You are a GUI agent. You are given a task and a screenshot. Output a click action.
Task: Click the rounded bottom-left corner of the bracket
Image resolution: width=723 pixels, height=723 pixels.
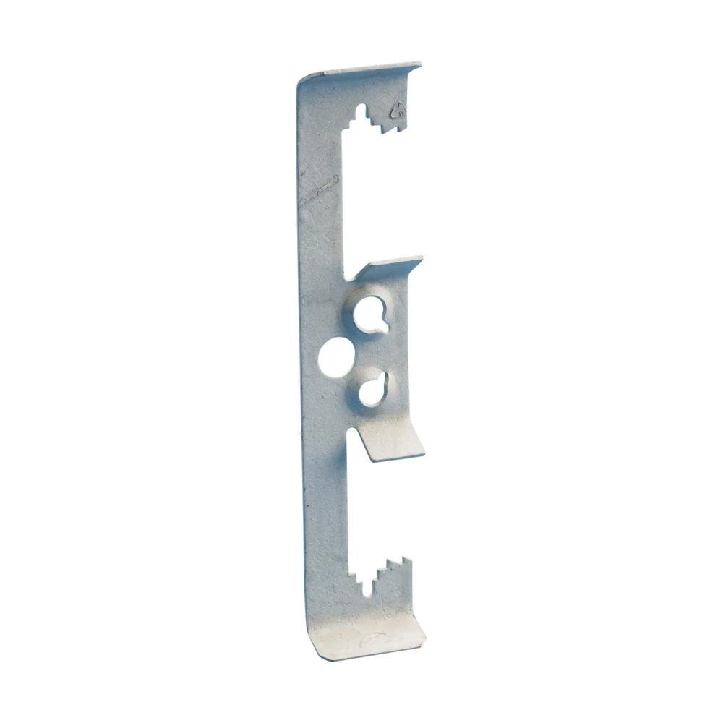pyautogui.click(x=309, y=651)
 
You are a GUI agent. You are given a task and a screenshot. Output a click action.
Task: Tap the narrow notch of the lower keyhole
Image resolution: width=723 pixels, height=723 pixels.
pyautogui.click(x=384, y=377)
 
